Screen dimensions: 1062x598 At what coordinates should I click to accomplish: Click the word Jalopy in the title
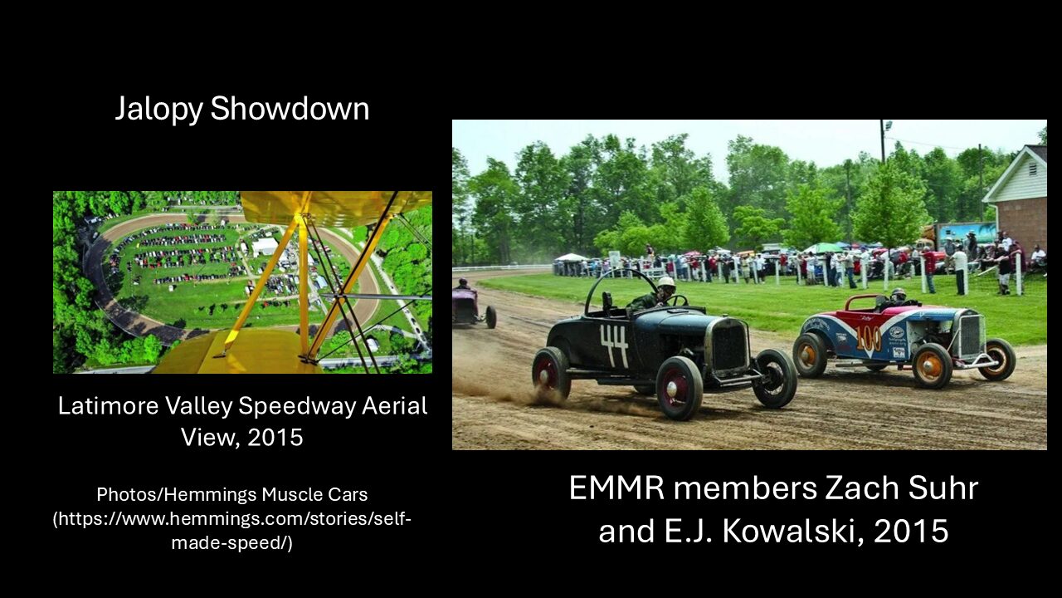(x=158, y=109)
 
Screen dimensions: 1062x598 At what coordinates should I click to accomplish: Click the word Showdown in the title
(x=290, y=108)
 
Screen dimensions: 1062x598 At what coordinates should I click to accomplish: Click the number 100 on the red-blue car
(x=868, y=339)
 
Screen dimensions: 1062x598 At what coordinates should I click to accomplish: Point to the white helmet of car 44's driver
(x=666, y=283)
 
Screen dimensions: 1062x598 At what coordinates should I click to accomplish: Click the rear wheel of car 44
(x=551, y=374)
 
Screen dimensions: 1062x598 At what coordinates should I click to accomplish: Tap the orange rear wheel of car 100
(x=809, y=354)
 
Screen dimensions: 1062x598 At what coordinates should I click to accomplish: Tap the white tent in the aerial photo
(x=265, y=247)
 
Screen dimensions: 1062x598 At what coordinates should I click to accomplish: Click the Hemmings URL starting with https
(x=231, y=531)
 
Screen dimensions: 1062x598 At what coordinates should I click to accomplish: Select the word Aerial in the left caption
(x=395, y=406)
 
